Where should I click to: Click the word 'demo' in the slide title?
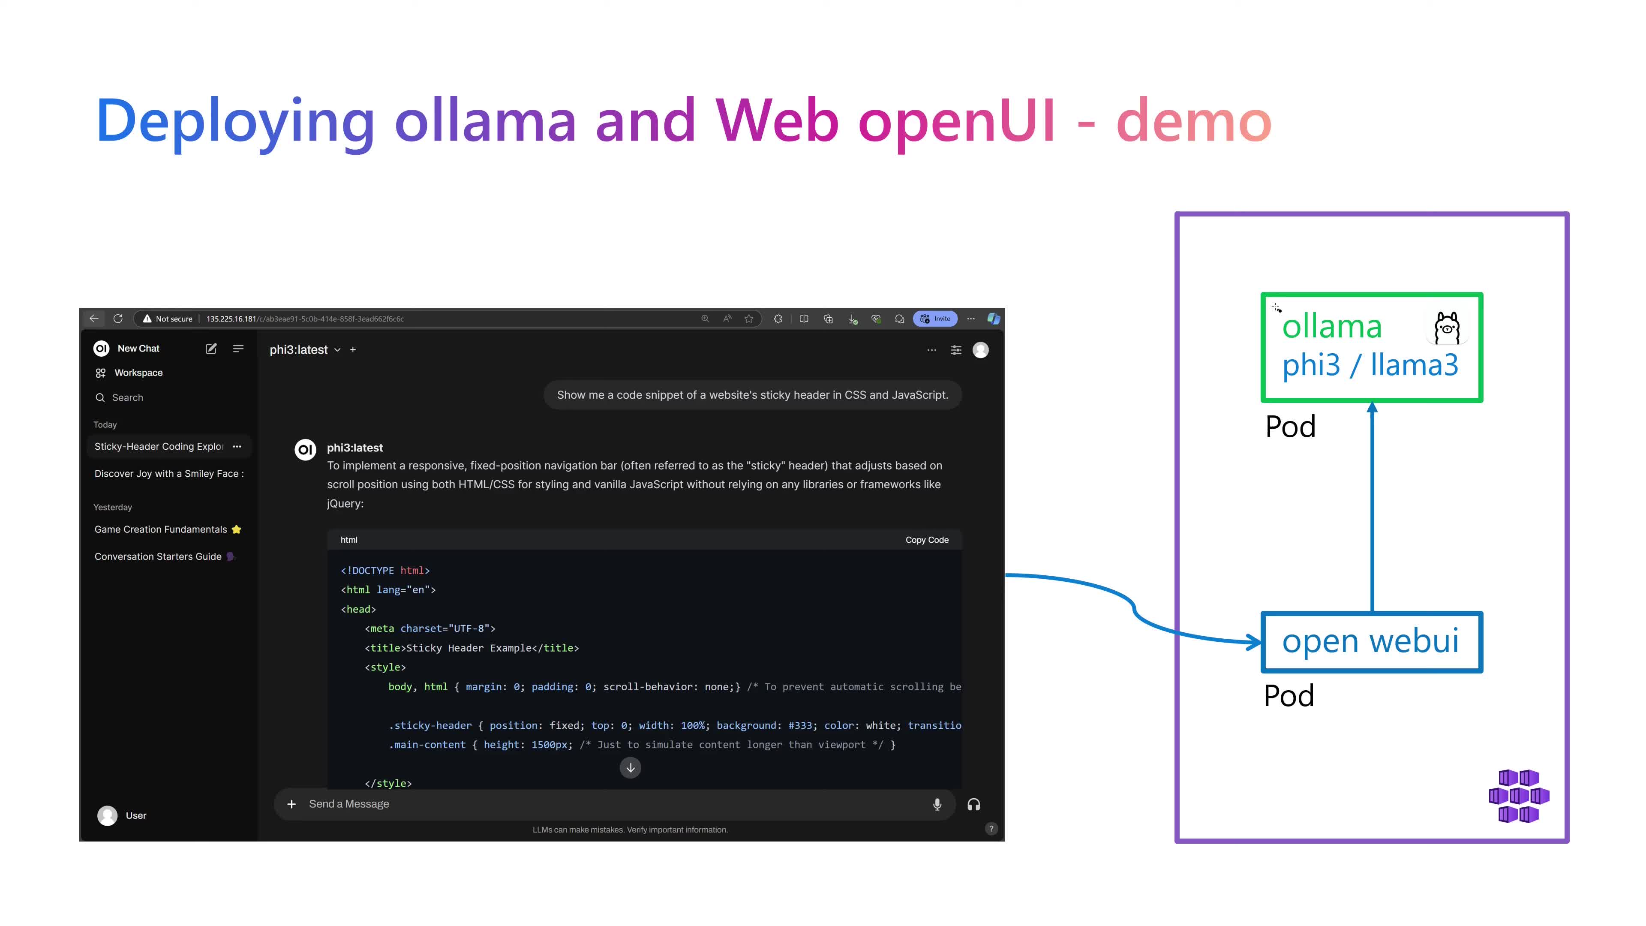pyautogui.click(x=1194, y=121)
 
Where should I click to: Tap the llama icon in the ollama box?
pyautogui.click(x=1447, y=328)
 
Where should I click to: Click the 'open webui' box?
pyautogui.click(x=1371, y=642)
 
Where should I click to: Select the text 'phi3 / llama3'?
pyautogui.click(x=1370, y=365)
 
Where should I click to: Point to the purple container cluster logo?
pyautogui.click(x=1519, y=796)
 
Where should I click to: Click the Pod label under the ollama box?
pyautogui.click(x=1290, y=426)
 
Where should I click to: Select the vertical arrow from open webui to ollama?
pyautogui.click(x=1372, y=507)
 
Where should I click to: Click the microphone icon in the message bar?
pyautogui.click(x=937, y=804)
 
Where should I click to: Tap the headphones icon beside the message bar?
pyautogui.click(x=973, y=804)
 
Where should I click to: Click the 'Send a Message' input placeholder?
pyautogui.click(x=349, y=804)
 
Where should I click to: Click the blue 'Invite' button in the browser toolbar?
pyautogui.click(x=935, y=318)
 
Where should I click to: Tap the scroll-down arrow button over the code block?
pyautogui.click(x=630, y=767)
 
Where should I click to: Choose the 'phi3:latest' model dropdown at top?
pyautogui.click(x=305, y=349)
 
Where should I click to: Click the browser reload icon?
pyautogui.click(x=117, y=318)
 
